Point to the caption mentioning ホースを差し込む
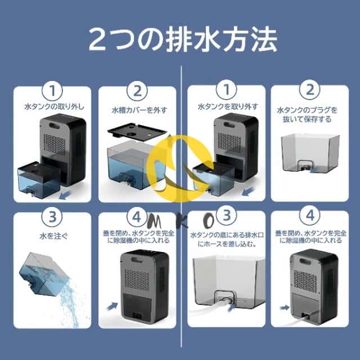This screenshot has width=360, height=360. click(224, 239)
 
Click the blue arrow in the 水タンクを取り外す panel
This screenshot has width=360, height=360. click(200, 166)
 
